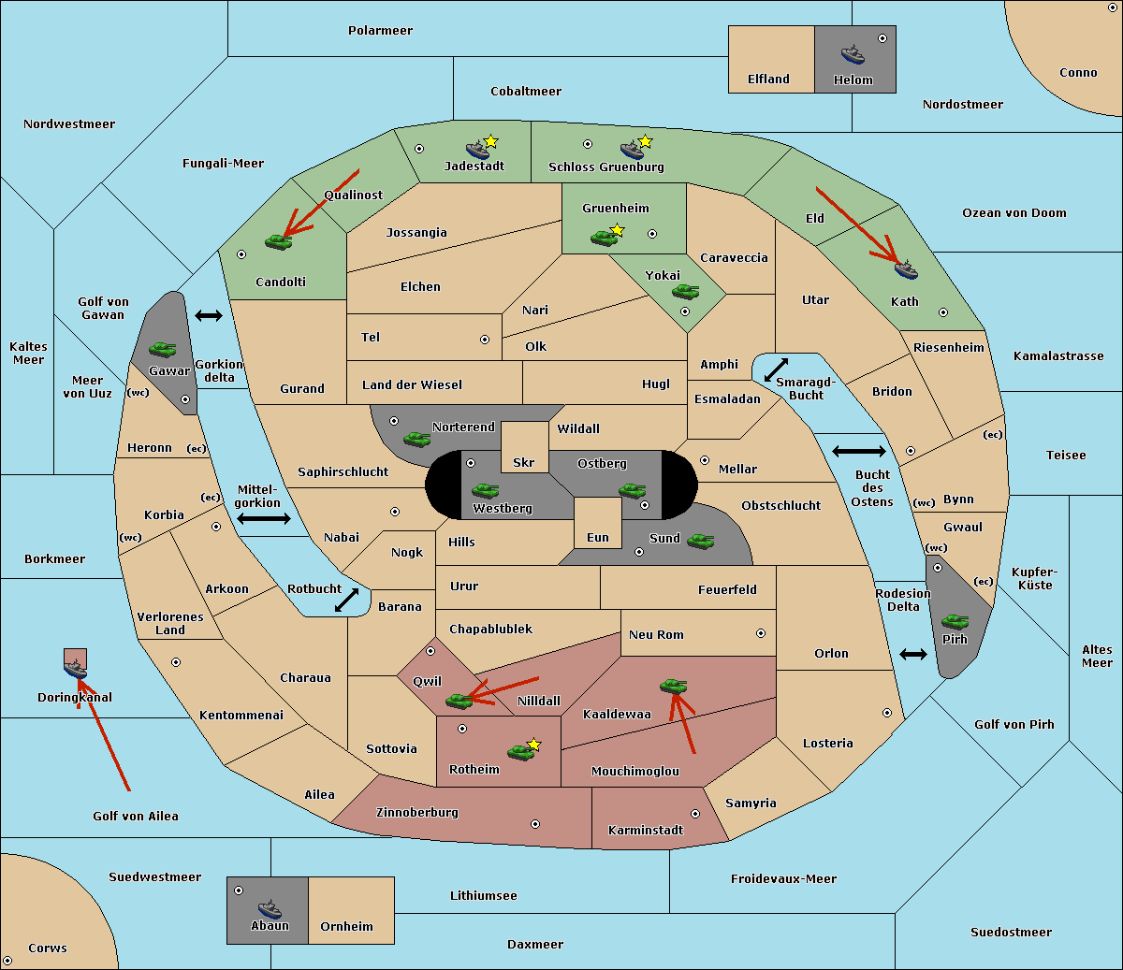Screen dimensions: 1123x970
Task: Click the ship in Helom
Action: click(853, 54)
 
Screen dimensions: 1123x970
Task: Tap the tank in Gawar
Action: click(163, 349)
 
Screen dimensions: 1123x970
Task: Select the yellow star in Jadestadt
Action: click(490, 141)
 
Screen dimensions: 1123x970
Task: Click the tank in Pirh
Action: click(955, 621)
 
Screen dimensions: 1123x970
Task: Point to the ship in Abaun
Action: click(270, 909)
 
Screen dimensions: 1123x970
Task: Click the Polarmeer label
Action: click(380, 31)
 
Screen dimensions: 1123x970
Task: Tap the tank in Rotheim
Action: click(520, 752)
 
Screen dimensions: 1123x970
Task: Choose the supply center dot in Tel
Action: click(485, 340)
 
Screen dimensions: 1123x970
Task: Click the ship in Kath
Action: click(906, 270)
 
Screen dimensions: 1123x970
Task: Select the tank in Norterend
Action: click(416, 440)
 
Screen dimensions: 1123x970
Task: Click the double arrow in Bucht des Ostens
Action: click(859, 451)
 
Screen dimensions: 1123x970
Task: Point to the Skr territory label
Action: click(523, 462)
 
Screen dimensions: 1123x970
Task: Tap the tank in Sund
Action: click(700, 541)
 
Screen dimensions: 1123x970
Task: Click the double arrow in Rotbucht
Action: click(346, 600)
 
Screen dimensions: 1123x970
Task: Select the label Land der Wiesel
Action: click(412, 384)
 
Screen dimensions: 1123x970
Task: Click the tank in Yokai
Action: click(685, 292)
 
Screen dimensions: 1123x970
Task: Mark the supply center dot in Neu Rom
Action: click(761, 633)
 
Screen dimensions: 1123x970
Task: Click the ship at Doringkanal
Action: click(75, 669)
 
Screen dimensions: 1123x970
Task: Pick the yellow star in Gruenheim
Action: click(618, 230)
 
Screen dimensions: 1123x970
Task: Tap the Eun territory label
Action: click(598, 537)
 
